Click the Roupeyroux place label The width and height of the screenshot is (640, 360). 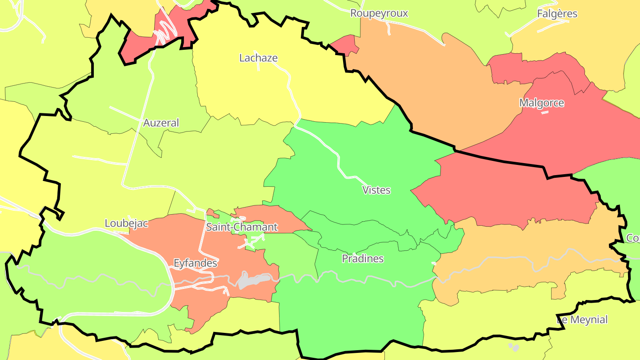pyautogui.click(x=379, y=13)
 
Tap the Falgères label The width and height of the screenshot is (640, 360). pyautogui.click(x=557, y=14)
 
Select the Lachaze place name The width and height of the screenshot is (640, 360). pyautogui.click(x=258, y=58)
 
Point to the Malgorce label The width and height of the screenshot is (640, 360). pyautogui.click(x=541, y=103)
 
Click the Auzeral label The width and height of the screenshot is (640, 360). pyautogui.click(x=161, y=123)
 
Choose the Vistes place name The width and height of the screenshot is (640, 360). pyautogui.click(x=376, y=190)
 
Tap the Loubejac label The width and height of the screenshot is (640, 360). pyautogui.click(x=126, y=223)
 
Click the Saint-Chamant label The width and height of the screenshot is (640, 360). pyautogui.click(x=242, y=227)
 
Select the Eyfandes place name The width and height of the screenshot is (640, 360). pyautogui.click(x=195, y=263)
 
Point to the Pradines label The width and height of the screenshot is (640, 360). pyautogui.click(x=363, y=259)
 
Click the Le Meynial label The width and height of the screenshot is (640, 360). pyautogui.click(x=582, y=320)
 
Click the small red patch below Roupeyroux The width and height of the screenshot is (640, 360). pyautogui.click(x=345, y=45)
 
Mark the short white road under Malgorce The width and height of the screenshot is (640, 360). pyautogui.click(x=545, y=112)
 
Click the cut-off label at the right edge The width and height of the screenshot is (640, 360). pyautogui.click(x=633, y=238)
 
